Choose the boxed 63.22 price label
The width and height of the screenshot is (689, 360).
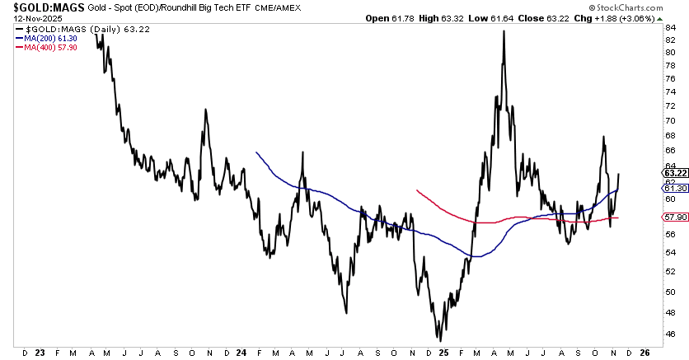point(674,174)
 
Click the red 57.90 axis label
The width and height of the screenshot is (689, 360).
point(674,217)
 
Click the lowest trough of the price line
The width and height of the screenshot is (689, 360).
point(440,339)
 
